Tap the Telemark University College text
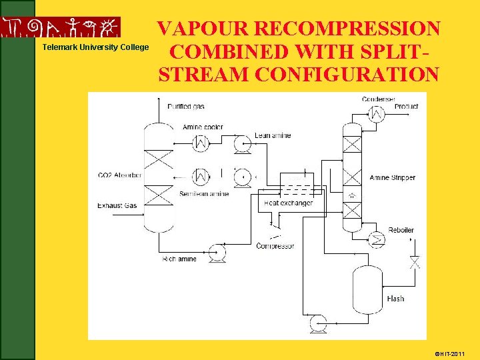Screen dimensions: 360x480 pyautogui.click(x=95, y=47)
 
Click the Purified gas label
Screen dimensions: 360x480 pyautogui.click(x=186, y=107)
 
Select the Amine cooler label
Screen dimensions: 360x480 pyautogui.click(x=203, y=127)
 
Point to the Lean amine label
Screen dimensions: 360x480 pyautogui.click(x=273, y=135)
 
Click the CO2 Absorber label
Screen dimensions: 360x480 pyautogui.click(x=119, y=175)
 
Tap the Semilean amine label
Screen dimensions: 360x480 pyautogui.click(x=204, y=194)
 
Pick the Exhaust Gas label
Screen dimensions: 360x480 pyautogui.click(x=117, y=205)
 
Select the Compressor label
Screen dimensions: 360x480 pyautogui.click(x=275, y=246)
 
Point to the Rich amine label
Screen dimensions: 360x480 pyautogui.click(x=179, y=259)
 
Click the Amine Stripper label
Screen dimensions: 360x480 pyautogui.click(x=392, y=177)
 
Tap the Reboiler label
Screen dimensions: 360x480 pyautogui.click(x=401, y=230)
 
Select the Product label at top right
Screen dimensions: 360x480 pyautogui.click(x=406, y=107)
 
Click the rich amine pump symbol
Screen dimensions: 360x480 pyautogui.click(x=216, y=253)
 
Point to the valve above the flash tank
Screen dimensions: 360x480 pyautogui.click(x=415, y=262)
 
